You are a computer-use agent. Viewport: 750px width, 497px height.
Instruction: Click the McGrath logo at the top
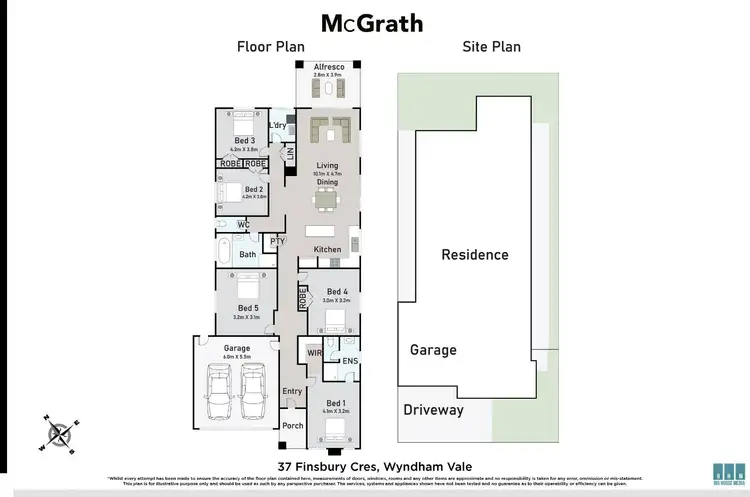(x=371, y=23)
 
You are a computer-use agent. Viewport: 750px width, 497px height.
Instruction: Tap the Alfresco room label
(x=328, y=66)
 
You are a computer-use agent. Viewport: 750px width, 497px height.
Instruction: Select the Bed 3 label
(x=245, y=141)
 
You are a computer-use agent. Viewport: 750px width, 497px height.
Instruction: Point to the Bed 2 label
(x=253, y=188)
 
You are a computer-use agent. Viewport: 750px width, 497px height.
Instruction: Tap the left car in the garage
(x=220, y=394)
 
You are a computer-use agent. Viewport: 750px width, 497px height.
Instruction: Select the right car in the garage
(x=254, y=394)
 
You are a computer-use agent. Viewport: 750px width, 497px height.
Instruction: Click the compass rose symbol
(x=59, y=433)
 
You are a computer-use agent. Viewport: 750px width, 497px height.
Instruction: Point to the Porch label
(x=292, y=425)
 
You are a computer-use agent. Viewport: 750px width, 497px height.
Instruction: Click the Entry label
(x=292, y=391)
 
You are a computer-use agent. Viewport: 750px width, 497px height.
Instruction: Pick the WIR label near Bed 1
(x=314, y=352)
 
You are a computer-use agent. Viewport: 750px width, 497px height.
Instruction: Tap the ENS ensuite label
(x=350, y=360)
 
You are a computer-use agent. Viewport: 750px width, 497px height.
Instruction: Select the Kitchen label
(x=327, y=249)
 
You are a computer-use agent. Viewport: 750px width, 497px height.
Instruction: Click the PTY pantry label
(x=277, y=241)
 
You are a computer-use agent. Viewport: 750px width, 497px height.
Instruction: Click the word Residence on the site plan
(x=475, y=254)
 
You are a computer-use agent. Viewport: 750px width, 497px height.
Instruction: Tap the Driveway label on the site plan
(x=433, y=410)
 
